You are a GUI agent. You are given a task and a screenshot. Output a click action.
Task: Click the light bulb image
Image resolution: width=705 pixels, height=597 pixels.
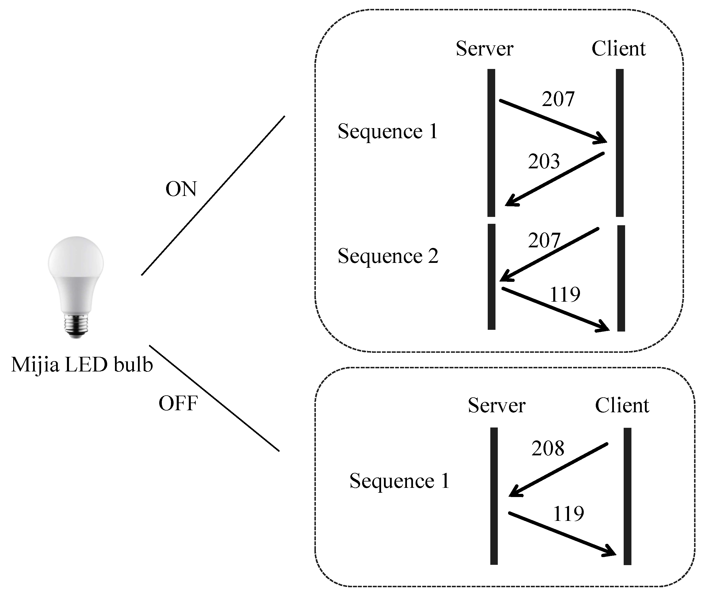pyautogui.click(x=76, y=284)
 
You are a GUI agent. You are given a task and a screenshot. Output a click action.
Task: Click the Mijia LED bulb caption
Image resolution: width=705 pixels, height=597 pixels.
pyautogui.click(x=82, y=365)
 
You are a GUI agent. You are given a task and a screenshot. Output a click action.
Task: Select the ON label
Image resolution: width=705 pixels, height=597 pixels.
pyautogui.click(x=181, y=189)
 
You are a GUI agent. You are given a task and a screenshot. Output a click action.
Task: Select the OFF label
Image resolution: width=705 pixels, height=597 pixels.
pyautogui.click(x=178, y=403)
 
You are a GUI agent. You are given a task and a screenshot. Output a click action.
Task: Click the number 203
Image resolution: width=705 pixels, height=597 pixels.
pyautogui.click(x=544, y=161)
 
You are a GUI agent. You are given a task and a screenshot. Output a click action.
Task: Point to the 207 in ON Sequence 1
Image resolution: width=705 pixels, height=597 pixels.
pyautogui.click(x=558, y=99)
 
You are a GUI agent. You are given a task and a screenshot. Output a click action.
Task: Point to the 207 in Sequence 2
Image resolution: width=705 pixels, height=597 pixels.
pyautogui.click(x=544, y=241)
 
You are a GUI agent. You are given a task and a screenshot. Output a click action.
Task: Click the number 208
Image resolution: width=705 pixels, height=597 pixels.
pyautogui.click(x=548, y=448)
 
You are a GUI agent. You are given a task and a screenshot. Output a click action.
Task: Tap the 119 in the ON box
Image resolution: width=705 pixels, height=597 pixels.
pyautogui.click(x=565, y=294)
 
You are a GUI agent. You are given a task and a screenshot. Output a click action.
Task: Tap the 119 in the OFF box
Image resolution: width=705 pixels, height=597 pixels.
pyautogui.click(x=568, y=514)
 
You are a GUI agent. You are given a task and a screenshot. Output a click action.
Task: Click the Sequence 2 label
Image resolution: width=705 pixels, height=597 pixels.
pyautogui.click(x=388, y=256)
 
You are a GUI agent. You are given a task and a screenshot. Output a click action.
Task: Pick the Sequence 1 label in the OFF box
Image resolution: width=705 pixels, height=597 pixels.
pyautogui.click(x=399, y=481)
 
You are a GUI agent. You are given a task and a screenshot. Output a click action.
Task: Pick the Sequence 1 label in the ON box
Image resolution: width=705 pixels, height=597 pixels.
pyautogui.click(x=388, y=131)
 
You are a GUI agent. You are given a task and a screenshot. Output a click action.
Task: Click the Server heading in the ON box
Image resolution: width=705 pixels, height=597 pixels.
pyautogui.click(x=485, y=49)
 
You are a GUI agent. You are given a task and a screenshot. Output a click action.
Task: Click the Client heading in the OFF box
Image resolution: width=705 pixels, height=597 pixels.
pyautogui.click(x=622, y=405)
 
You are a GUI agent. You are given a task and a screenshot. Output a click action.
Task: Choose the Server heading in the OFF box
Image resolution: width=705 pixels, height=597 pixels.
pyautogui.click(x=497, y=405)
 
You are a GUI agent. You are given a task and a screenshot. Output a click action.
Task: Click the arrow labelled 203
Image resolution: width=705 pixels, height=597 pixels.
pyautogui.click(x=555, y=179)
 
